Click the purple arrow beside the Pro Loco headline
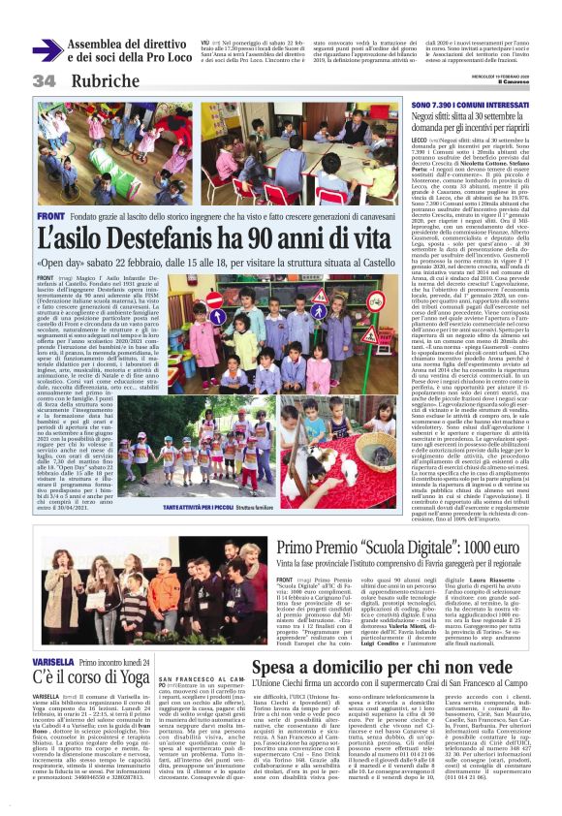47,51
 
